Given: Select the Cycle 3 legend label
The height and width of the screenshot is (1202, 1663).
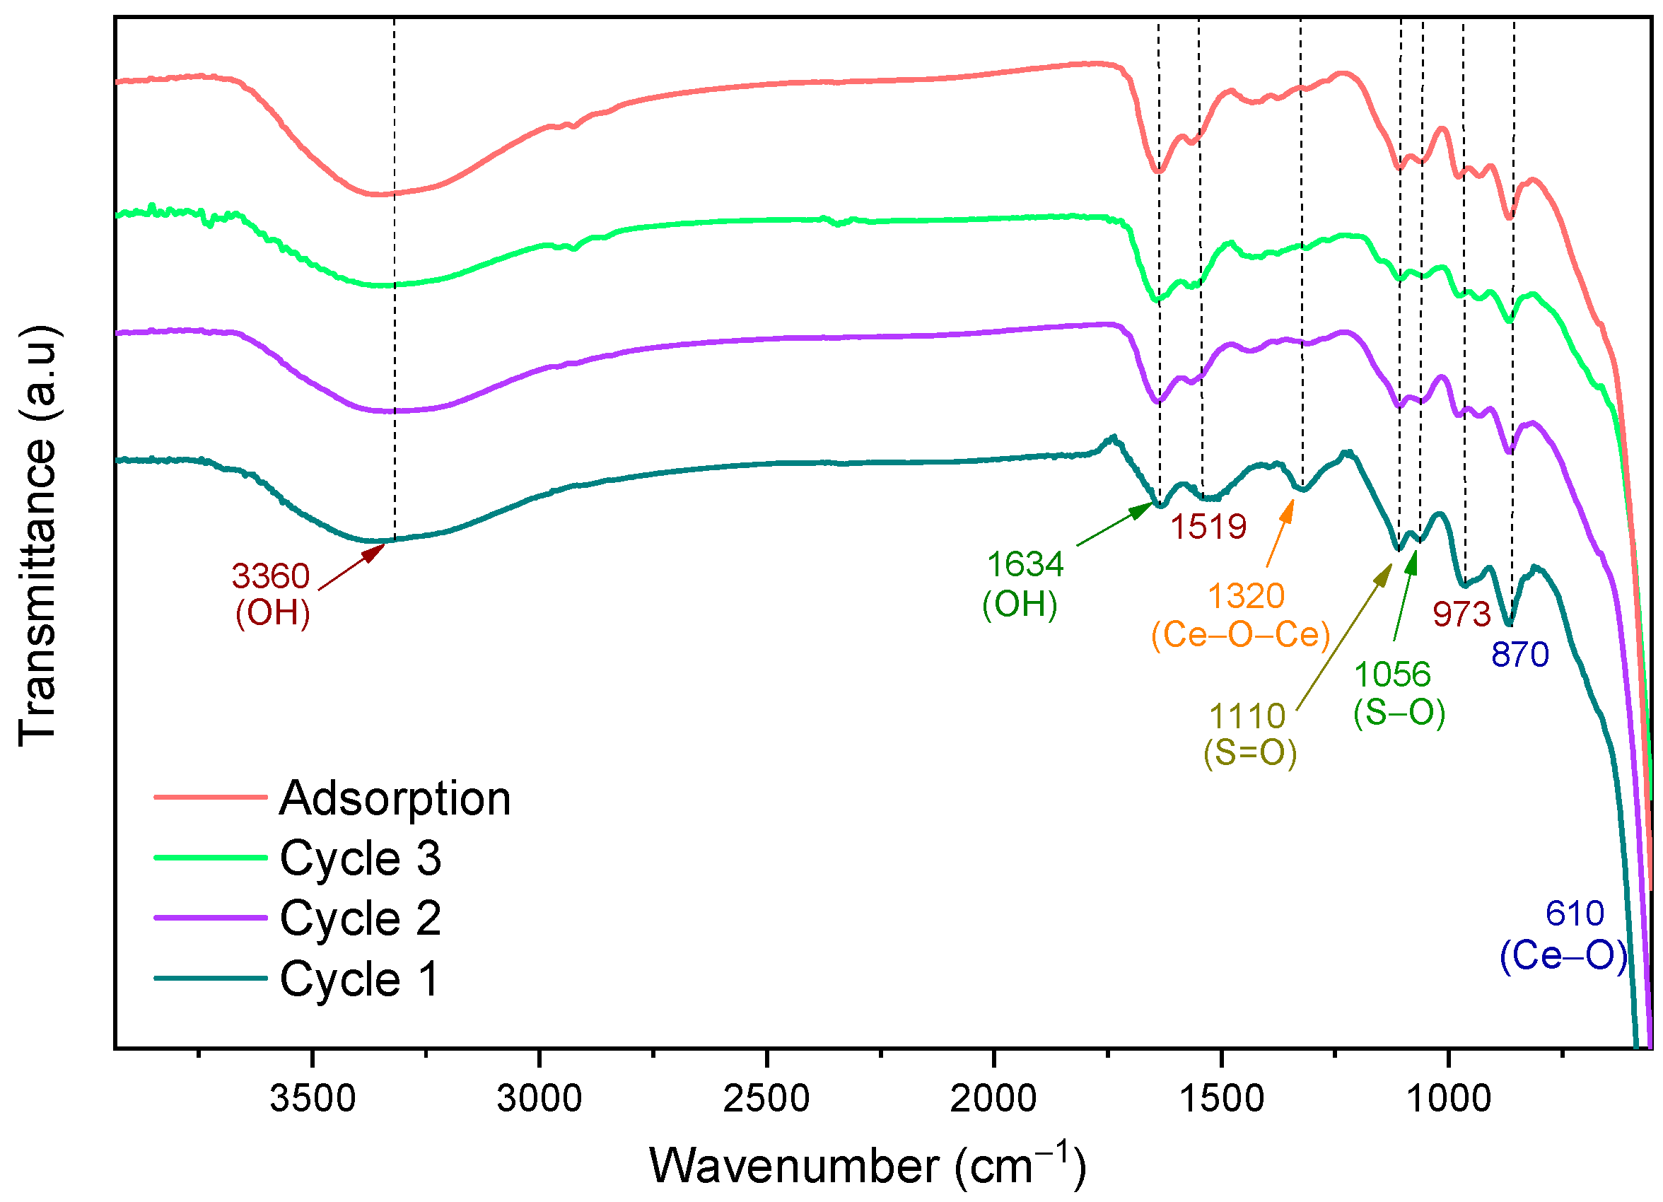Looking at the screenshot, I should pos(360,858).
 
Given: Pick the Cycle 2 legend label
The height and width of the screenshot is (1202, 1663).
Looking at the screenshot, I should pos(360,918).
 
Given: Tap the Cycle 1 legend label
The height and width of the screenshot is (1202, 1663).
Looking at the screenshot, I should pos(359,979).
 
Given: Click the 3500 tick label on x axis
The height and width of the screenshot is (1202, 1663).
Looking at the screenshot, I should pos(313,1099).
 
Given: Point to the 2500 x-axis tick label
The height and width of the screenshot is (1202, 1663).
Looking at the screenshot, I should pos(766,1099).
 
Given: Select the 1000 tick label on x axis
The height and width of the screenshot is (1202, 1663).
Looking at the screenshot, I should pos(1448,1099).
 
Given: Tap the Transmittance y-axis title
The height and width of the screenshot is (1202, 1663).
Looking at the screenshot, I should pos(38,535).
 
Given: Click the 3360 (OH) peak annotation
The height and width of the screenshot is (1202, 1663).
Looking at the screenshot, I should pos(272,595).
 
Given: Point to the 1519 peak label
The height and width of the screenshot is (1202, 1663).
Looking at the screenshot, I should pos(1208,527).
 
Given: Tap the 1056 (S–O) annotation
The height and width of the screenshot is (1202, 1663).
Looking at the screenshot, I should pos(1399,694).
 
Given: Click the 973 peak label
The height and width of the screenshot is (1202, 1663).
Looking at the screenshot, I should pos(1461,614).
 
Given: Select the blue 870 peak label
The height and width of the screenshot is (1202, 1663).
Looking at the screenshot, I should pos(1520,654).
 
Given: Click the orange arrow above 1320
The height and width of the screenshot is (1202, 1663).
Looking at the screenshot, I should pos(1280,533).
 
